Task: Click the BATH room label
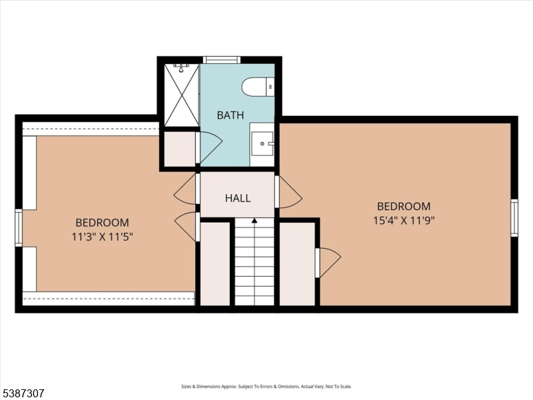[230, 115]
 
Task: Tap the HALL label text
[238, 198]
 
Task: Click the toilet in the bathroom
[257, 87]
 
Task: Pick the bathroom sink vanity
[262, 143]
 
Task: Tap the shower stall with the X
[181, 95]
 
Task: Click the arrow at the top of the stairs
[254, 221]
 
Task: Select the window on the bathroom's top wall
[221, 60]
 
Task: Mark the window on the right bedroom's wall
[514, 218]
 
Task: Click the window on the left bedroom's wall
[19, 228]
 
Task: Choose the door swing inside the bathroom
[210, 147]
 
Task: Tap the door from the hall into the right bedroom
[288, 192]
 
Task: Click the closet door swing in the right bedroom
[328, 262]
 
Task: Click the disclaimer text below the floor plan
[266, 387]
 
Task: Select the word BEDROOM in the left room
[102, 223]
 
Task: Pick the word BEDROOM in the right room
[404, 207]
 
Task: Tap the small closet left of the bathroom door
[179, 149]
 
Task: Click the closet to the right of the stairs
[296, 263]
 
